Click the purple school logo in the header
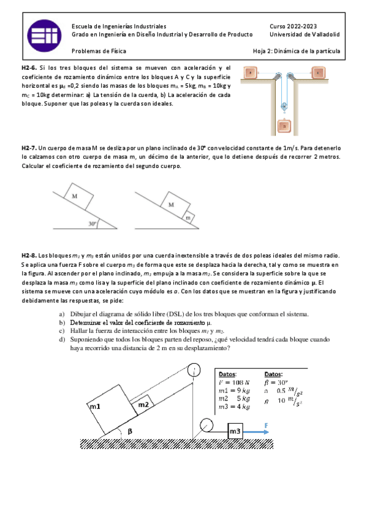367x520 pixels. coord(44,36)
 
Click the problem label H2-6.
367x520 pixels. coord(29,68)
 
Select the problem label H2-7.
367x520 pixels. coord(29,148)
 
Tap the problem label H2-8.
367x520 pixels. coord(29,255)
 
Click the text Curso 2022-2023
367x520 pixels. coord(293,26)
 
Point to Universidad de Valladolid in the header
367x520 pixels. coord(305,34)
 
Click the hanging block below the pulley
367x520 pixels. coord(284,126)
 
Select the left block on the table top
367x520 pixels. coord(251,72)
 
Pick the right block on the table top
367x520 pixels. coord(319,72)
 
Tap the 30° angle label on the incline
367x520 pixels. coord(93,224)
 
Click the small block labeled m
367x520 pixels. coord(188,218)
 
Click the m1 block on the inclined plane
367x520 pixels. coord(113,410)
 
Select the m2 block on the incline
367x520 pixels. coord(143,404)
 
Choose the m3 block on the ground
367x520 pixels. coord(235,431)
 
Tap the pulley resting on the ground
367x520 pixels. coord(206,425)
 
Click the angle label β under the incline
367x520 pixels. coord(130,431)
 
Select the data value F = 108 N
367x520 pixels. coord(234,383)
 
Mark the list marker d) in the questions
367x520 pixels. coord(62,339)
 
